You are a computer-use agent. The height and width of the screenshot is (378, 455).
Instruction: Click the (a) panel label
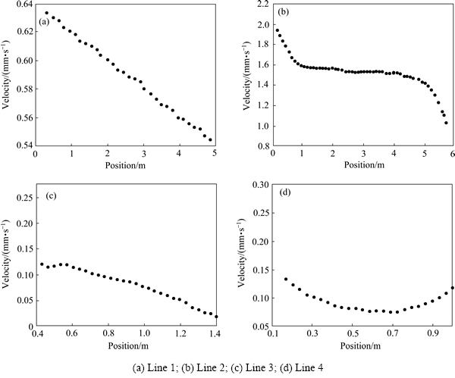pyautogui.click(x=45, y=21)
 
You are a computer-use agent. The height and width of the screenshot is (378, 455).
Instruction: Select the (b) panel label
pyautogui.click(x=284, y=13)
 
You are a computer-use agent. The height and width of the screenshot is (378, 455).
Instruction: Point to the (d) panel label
pyautogui.click(x=284, y=192)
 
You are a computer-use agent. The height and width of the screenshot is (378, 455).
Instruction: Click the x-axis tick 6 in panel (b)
pyautogui.click(x=452, y=155)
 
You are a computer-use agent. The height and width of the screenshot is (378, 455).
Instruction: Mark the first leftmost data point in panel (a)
pyautogui.click(x=47, y=13)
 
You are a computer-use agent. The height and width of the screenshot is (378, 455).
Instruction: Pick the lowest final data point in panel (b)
pyautogui.click(x=446, y=123)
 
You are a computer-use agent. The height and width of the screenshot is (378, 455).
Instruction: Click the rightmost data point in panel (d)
pyautogui.click(x=452, y=288)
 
